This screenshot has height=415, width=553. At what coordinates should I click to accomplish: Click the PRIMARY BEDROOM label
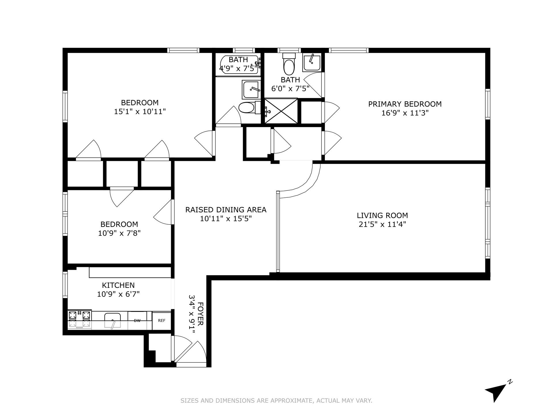point(405,104)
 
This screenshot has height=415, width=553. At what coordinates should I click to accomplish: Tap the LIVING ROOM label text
point(382,215)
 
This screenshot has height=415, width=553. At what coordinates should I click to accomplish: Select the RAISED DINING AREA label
point(226,210)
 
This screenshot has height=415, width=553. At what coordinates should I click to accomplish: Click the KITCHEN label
point(118,285)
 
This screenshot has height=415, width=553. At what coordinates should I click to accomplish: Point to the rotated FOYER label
point(201,314)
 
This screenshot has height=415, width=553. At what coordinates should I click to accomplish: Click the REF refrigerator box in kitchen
point(162,320)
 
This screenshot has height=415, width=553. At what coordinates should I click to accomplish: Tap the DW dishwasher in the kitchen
point(137,320)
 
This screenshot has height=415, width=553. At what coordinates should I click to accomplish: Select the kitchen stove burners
point(79,319)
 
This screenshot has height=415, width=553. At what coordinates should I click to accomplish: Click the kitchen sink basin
point(112,321)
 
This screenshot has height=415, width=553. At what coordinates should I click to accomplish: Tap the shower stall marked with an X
point(281,111)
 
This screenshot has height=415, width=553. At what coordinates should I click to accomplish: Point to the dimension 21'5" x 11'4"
point(382,224)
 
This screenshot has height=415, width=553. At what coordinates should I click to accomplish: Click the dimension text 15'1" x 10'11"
point(140,112)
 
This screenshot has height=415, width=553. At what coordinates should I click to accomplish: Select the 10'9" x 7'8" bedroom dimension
point(119,233)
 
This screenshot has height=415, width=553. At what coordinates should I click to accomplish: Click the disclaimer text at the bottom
point(276,401)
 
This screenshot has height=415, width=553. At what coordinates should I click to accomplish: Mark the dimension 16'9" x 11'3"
point(405,113)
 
